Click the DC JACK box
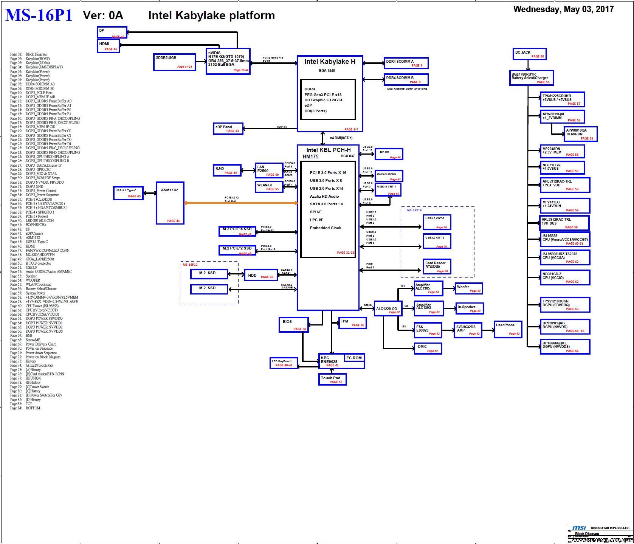pyautogui.click(x=530, y=54)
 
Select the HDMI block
pyautogui.click(x=109, y=46)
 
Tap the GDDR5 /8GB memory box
pyautogui.click(x=175, y=62)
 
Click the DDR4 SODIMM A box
pyautogui.click(x=406, y=63)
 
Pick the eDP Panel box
pyautogui.click(x=228, y=129)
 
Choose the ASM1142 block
pyautogui.click(x=170, y=203)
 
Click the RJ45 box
pyautogui.click(x=227, y=170)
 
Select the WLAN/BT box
pyautogui.click(x=269, y=187)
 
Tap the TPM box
pyautogui.click(x=352, y=323)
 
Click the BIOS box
pyautogui.click(x=294, y=325)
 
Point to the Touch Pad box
pyautogui.click(x=332, y=379)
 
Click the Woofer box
pyautogui.click(x=468, y=288)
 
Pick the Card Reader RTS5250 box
pyautogui.click(x=437, y=266)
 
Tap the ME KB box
pyautogui.click(x=389, y=154)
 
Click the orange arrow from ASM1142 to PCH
pyautogui.click(x=241, y=203)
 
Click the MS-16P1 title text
pyautogui.click(x=39, y=15)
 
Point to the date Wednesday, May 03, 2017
pyautogui.click(x=563, y=9)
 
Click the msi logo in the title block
pyautogui.click(x=579, y=528)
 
